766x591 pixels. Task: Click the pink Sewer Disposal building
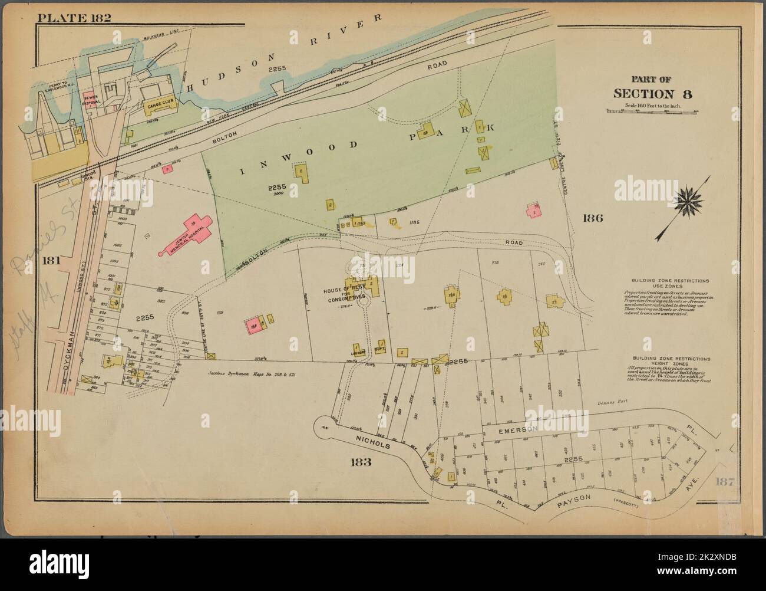pyautogui.click(x=90, y=100)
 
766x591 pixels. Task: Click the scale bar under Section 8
pyautogui.click(x=652, y=110)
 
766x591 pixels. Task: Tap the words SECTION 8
pyautogui.click(x=652, y=94)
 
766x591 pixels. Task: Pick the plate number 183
pyautogui.click(x=361, y=462)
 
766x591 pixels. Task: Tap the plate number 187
pyautogui.click(x=725, y=482)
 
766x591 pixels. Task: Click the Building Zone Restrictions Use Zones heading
pyautogui.click(x=670, y=283)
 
